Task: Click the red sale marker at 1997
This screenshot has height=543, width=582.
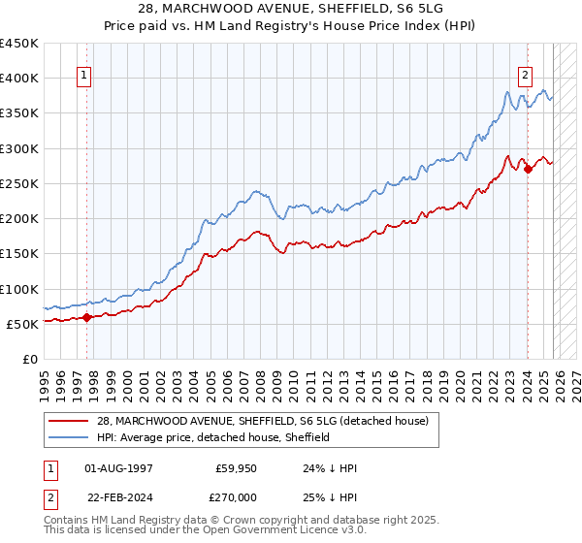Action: coord(86,316)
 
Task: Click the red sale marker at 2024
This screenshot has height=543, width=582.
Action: coord(528,169)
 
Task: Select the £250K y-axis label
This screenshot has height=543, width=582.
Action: coord(19,183)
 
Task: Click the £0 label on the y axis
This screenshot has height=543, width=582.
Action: coord(29,359)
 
